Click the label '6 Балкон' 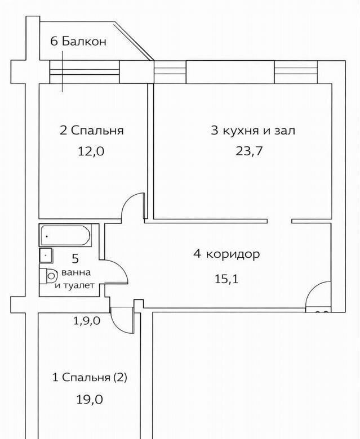point(78,42)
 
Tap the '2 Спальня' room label point(92,131)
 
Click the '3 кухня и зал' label point(253,131)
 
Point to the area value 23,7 point(249,151)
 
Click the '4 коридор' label point(226,254)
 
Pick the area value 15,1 point(226,279)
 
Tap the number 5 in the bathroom point(75,259)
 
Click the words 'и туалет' point(75,285)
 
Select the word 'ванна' point(75,272)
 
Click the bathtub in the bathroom point(66,235)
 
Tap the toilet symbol point(48,276)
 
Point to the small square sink point(46,255)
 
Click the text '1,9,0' point(87,321)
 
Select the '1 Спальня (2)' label point(90,378)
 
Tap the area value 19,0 point(90,400)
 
